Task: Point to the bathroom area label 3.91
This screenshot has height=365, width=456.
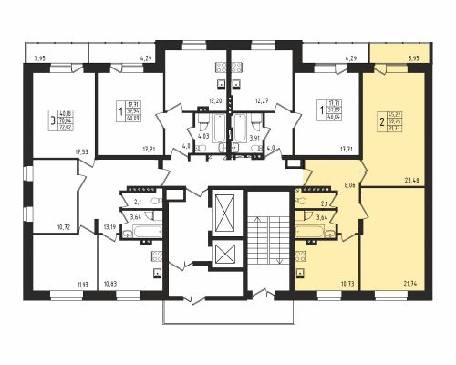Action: pos(256,137)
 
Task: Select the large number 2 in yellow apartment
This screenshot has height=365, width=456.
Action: pos(381,120)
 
